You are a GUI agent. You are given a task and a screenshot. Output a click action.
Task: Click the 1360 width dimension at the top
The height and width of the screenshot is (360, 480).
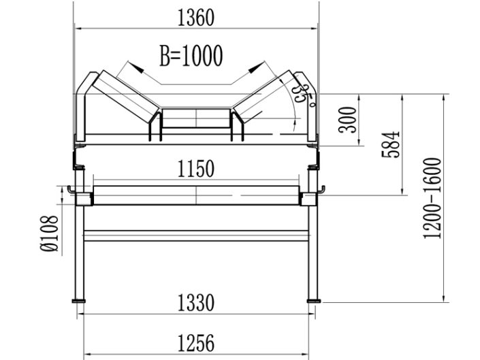coord(196,18)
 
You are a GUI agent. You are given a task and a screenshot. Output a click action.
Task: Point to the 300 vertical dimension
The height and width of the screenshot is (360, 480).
coord(348,120)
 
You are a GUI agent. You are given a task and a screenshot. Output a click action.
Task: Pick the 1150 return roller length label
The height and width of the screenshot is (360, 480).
coord(195,168)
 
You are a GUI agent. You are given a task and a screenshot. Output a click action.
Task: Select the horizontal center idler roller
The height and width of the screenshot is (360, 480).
coord(196,118)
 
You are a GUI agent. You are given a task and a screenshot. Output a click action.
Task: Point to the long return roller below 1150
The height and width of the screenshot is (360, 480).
coord(196,195)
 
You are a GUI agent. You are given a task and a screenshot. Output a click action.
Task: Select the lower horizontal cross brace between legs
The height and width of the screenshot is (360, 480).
coord(196,235)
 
